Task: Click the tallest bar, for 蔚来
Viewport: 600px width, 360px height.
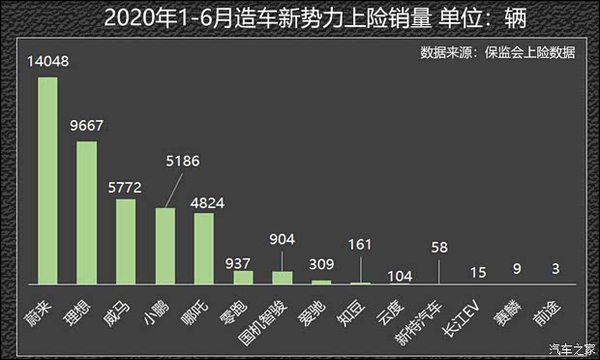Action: coord(47,180)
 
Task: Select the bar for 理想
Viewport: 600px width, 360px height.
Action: coord(86,213)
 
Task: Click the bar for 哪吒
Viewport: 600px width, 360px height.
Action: coord(204,249)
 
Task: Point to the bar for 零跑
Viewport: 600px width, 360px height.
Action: coord(243,278)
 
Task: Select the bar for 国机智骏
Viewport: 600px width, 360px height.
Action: coord(282,278)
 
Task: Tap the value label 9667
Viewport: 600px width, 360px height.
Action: coord(86,128)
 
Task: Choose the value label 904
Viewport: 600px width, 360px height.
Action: coord(282,237)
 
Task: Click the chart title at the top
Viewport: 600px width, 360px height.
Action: coord(299,17)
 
